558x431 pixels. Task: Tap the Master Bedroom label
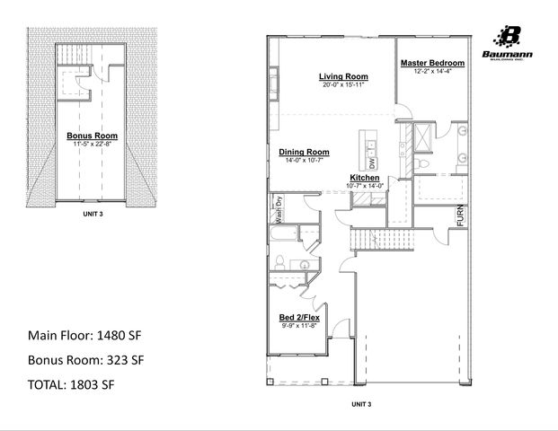432,63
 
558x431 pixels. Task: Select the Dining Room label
304,152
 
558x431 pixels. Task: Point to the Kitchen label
364,179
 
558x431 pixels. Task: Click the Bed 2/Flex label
300,318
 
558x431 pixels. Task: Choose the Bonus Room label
89,136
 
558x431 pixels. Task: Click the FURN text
460,216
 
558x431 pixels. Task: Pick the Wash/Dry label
279,208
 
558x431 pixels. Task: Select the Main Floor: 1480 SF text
85,336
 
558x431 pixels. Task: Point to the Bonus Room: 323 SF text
84,360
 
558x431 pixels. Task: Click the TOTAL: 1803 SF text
71,384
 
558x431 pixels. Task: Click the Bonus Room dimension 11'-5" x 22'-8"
89,144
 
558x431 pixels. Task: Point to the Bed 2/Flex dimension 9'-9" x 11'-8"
300,326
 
